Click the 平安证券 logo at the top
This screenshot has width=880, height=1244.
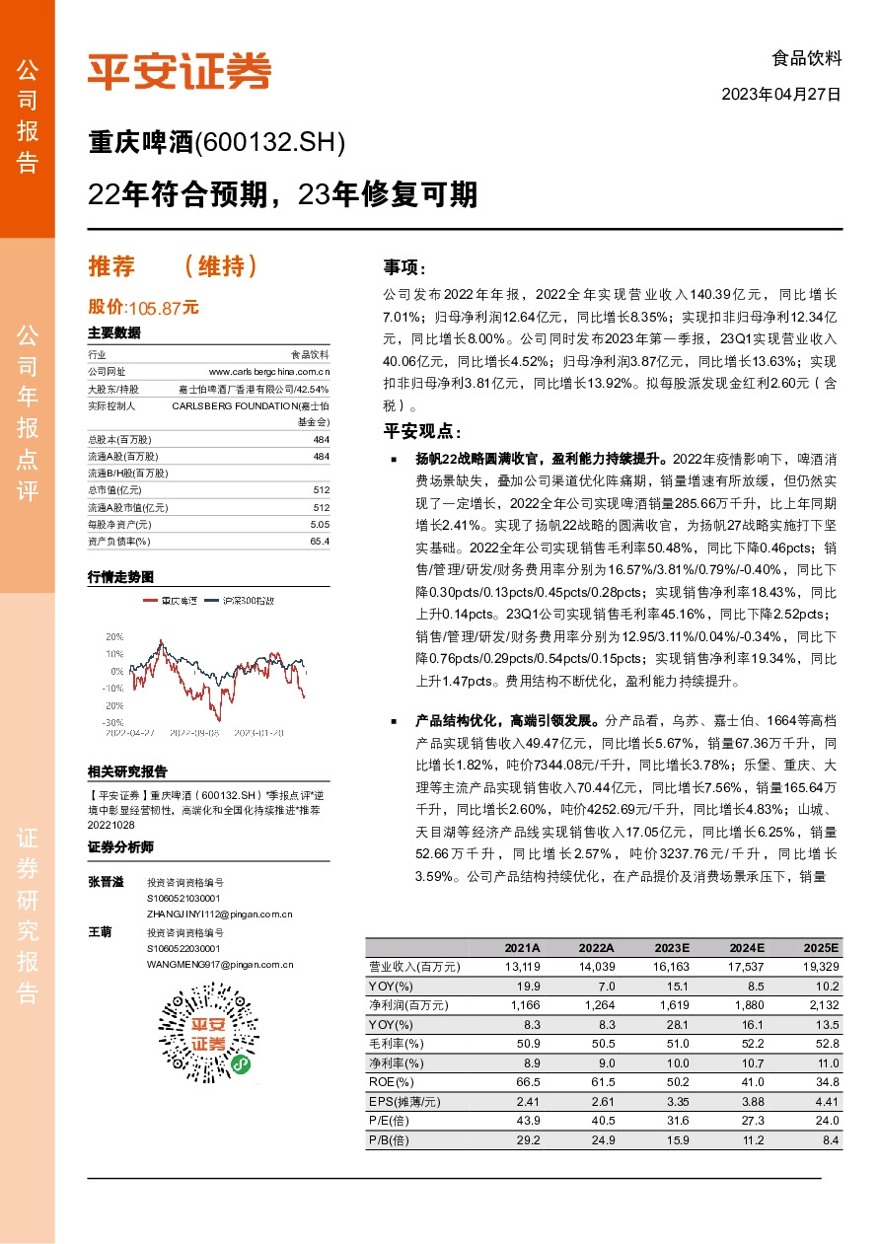click(179, 70)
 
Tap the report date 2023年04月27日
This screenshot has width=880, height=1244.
click(781, 96)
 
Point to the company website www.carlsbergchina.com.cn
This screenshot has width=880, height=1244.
click(268, 371)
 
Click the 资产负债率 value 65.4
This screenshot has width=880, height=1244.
click(320, 541)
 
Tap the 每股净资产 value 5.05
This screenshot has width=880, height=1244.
click(320, 525)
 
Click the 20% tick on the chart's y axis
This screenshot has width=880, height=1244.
click(114, 636)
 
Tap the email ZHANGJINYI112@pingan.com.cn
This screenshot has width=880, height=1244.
click(219, 915)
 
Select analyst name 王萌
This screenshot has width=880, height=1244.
click(100, 931)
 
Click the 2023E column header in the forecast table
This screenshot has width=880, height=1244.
click(671, 948)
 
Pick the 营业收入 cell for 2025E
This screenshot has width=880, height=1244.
click(821, 967)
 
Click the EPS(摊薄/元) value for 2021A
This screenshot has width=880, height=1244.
click(520, 1101)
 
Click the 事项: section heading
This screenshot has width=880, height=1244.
click(405, 267)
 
